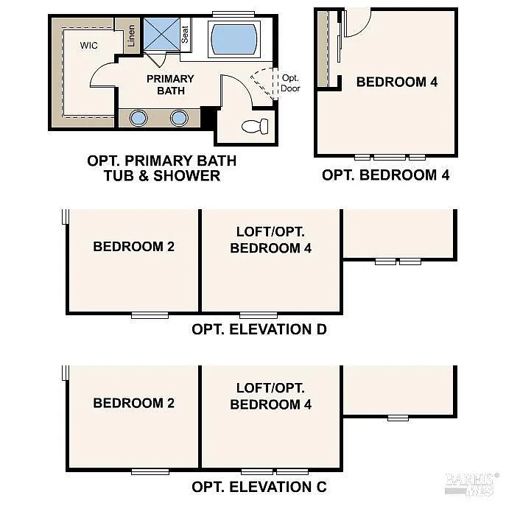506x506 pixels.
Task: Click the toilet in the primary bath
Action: (254, 126)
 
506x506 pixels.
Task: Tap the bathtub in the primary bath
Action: (234, 39)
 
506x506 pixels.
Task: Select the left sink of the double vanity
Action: (138, 118)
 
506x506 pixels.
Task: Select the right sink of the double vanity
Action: (179, 118)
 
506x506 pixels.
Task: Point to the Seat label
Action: (185, 35)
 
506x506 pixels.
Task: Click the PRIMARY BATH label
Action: (170, 85)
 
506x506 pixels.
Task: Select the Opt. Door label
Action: (289, 83)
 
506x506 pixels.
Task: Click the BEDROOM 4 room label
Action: (396, 82)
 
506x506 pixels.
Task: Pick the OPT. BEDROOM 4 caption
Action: (385, 175)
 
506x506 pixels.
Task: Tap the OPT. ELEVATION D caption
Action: (259, 329)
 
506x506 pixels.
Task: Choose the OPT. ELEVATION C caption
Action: (259, 487)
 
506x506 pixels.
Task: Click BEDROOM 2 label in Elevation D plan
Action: (133, 247)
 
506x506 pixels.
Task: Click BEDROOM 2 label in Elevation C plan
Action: (133, 403)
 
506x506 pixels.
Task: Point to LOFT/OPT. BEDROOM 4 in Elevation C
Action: (270, 396)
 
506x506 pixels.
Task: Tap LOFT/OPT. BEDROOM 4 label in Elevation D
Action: (270, 239)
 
